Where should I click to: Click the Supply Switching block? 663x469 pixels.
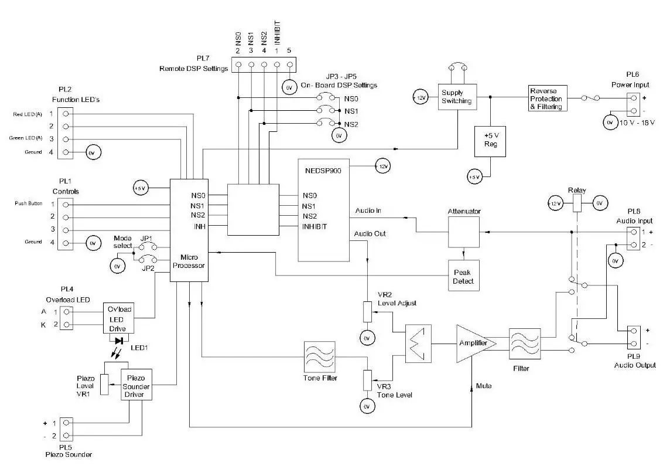coord(456,97)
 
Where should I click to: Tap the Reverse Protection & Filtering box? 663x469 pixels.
coord(547,98)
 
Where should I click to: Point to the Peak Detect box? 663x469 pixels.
coord(463,276)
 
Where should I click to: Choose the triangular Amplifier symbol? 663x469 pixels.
coord(473,343)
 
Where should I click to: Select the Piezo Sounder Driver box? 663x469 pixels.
coord(136,385)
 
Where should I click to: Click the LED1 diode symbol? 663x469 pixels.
coord(119,340)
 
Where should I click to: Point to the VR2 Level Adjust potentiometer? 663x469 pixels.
coord(367,311)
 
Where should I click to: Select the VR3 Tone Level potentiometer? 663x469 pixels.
coord(367,379)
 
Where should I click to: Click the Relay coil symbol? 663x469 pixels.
coord(576,203)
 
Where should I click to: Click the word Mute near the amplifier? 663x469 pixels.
coord(484,386)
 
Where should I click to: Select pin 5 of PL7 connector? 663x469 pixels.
coord(289,65)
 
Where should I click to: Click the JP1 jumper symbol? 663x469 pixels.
coord(144,247)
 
